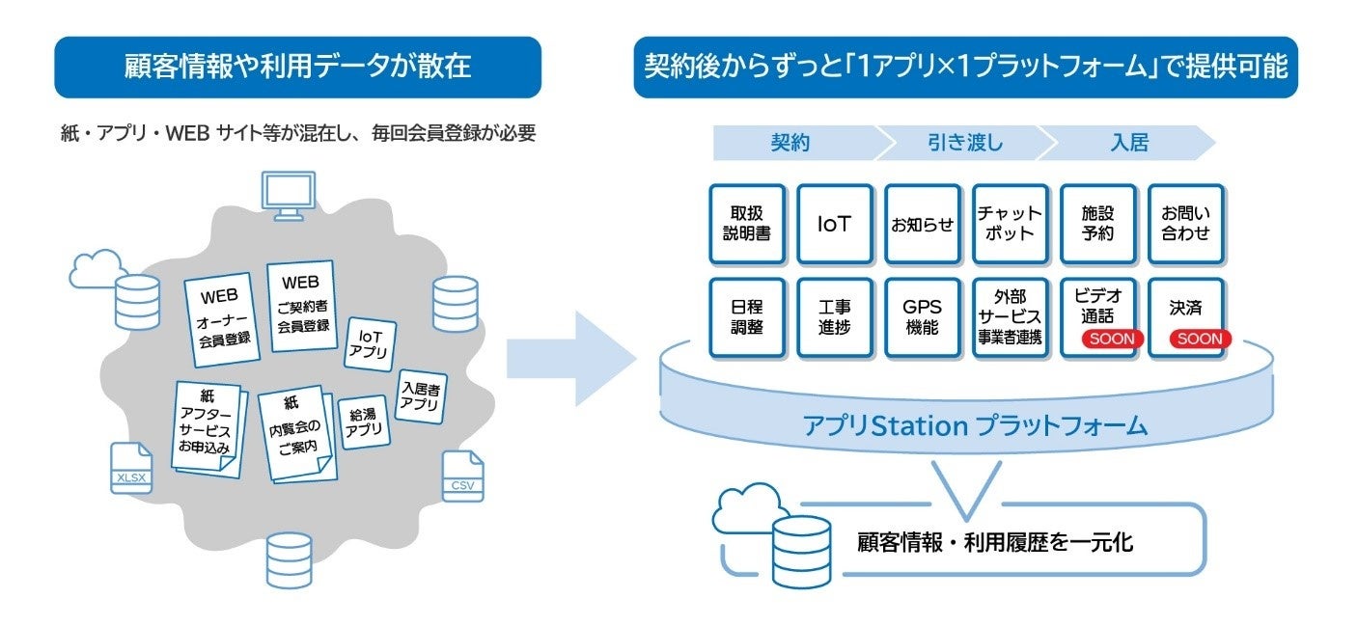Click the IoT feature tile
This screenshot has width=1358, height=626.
click(x=835, y=224)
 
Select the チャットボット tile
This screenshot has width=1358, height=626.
click(x=1010, y=224)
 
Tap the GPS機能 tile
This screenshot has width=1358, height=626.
click(x=922, y=317)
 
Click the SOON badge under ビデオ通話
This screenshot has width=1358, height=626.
click(x=1097, y=339)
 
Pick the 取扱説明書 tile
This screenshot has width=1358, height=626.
click(x=747, y=224)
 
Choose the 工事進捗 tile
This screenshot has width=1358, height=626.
click(x=835, y=317)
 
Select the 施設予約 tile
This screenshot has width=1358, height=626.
click(x=1097, y=224)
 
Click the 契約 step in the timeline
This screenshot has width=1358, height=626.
click(x=790, y=144)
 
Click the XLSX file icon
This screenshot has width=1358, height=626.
click(x=130, y=468)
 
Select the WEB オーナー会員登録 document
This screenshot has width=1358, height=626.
click(x=223, y=315)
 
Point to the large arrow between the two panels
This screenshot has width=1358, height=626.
click(x=569, y=358)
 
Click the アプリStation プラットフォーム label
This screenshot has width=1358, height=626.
click(x=975, y=425)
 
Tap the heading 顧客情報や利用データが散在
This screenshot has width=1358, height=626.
click(x=297, y=67)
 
